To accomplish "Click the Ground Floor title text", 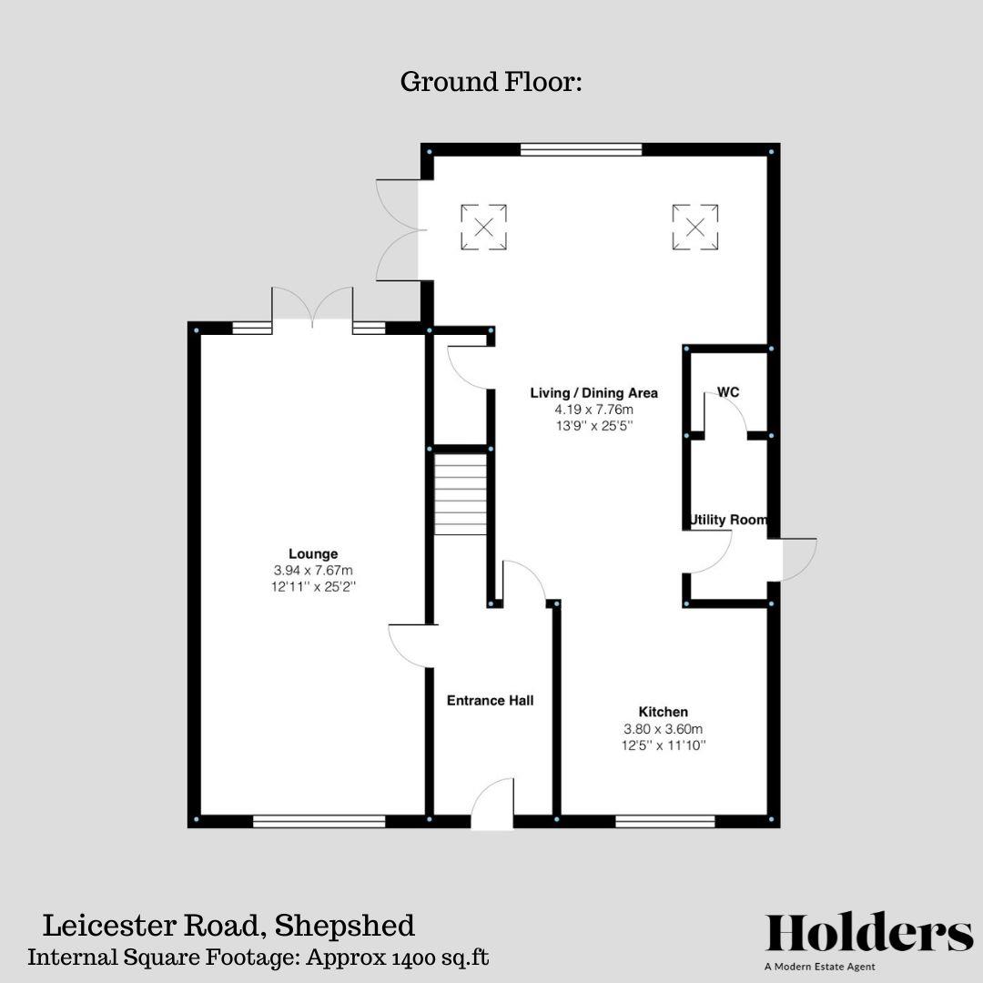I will [x=491, y=82].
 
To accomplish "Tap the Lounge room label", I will [x=313, y=553].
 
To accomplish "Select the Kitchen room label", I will [x=663, y=712].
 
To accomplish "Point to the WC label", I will [x=728, y=392].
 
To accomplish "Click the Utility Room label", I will [x=728, y=520].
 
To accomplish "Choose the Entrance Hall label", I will [x=490, y=700].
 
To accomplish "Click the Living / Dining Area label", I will [x=593, y=393].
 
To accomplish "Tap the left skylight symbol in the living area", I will [x=483, y=227].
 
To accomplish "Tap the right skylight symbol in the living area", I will [x=695, y=227].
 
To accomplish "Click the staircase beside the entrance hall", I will [x=461, y=494].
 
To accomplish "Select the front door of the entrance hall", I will [x=492, y=806].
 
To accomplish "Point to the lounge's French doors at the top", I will [x=312, y=308].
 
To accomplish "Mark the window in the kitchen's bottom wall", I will [x=664, y=821].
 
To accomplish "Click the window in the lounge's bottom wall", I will [x=319, y=821].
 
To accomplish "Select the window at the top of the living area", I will [x=581, y=150].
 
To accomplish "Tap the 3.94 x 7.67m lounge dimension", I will [x=313, y=571].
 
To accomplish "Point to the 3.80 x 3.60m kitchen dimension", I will [x=663, y=729].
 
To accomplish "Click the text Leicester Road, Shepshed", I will [x=228, y=927].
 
